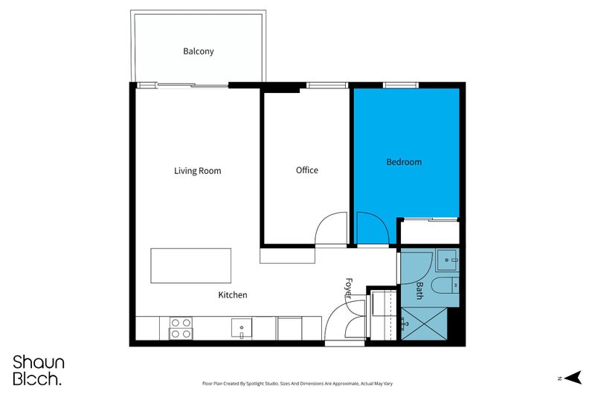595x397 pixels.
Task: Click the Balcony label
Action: coord(199,51)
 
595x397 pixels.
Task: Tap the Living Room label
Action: coord(198,171)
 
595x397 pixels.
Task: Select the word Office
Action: coord(307,170)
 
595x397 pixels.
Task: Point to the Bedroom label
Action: coord(404,162)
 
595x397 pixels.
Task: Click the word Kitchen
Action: coord(233,295)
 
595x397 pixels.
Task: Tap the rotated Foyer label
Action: coord(349,289)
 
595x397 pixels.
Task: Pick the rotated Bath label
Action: coord(419,291)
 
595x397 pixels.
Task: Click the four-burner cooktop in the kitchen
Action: coord(181,328)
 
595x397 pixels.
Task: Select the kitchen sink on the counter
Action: coord(242,329)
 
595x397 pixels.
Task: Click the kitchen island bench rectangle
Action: coord(191,266)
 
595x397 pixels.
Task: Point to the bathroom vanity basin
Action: coord(448,259)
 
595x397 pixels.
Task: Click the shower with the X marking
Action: coord(424,324)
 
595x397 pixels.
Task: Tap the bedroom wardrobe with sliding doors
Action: coord(430,231)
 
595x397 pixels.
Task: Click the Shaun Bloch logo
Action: coord(39,370)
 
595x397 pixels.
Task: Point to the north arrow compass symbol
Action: coord(573,378)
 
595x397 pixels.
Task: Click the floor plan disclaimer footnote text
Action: coord(297,384)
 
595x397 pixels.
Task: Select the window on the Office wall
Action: coord(327,85)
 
